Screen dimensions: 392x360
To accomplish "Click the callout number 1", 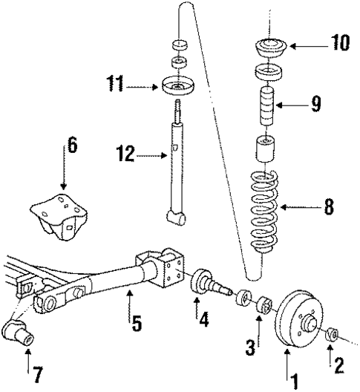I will pyautogui.click(x=295, y=380).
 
